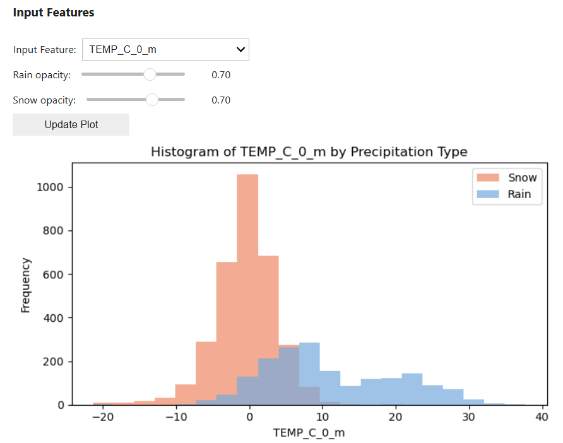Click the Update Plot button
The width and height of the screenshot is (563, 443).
pos(71,124)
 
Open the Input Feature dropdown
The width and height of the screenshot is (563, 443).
pos(165,49)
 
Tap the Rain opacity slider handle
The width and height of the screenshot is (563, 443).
pos(150,74)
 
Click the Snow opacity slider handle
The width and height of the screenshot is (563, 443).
pos(152,100)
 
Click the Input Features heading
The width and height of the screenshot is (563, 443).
pos(54,13)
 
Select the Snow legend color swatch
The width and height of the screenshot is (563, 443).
pos(488,178)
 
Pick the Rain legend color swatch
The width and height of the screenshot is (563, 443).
pos(488,194)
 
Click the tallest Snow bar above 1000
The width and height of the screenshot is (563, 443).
pos(247,252)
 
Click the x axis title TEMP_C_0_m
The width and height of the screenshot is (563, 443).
pos(309,432)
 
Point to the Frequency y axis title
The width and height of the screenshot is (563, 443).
pos(26,285)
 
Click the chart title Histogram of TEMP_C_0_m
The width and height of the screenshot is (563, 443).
pos(309,152)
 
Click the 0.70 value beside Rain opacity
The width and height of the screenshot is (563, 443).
pos(221,75)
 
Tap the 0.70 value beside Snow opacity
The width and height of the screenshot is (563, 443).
pos(221,100)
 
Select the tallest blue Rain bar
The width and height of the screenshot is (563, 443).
pos(309,372)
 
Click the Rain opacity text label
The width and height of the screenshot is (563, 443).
pos(42,75)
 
